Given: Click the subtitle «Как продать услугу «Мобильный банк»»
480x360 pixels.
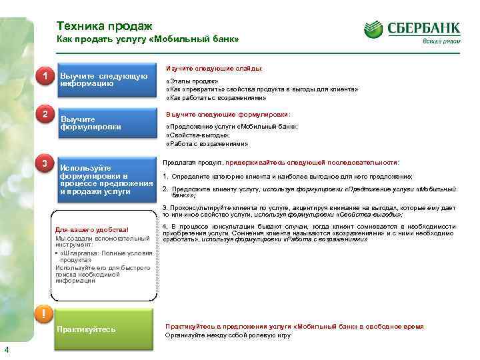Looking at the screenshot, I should pos(147,40).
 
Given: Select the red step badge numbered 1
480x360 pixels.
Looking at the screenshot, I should pos(45,77).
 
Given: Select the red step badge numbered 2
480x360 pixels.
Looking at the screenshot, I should pos(45,114).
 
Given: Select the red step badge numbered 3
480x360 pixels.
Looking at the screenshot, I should pos(45,164).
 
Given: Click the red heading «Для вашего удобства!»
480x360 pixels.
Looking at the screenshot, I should pos(92,231).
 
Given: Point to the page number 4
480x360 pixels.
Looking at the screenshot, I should pos(6,351).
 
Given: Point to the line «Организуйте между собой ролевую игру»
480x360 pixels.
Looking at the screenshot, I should pos(228,335).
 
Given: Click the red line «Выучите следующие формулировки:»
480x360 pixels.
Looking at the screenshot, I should pos(228,114).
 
